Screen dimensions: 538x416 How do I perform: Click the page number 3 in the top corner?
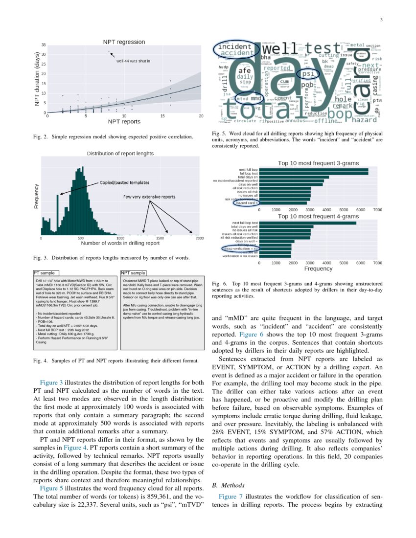(x=380, y=20)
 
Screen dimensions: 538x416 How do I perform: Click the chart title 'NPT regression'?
(x=123, y=42)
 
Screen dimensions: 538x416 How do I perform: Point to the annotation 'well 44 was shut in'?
(x=133, y=61)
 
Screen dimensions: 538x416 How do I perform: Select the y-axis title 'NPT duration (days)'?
(x=37, y=79)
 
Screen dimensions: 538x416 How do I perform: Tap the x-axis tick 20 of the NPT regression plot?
(x=201, y=116)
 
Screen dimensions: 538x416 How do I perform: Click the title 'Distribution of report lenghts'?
(x=120, y=153)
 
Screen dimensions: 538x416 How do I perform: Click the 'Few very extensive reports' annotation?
(x=149, y=197)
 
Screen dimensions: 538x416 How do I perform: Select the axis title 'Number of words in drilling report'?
(x=120, y=243)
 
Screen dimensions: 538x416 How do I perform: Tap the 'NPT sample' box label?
(x=133, y=272)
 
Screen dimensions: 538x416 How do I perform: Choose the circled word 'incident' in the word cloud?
(x=234, y=46)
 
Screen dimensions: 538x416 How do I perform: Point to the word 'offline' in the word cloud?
(x=327, y=120)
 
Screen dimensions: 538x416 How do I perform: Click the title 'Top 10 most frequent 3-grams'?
(x=318, y=163)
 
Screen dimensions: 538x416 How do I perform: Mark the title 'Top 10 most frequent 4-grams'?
(x=318, y=216)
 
